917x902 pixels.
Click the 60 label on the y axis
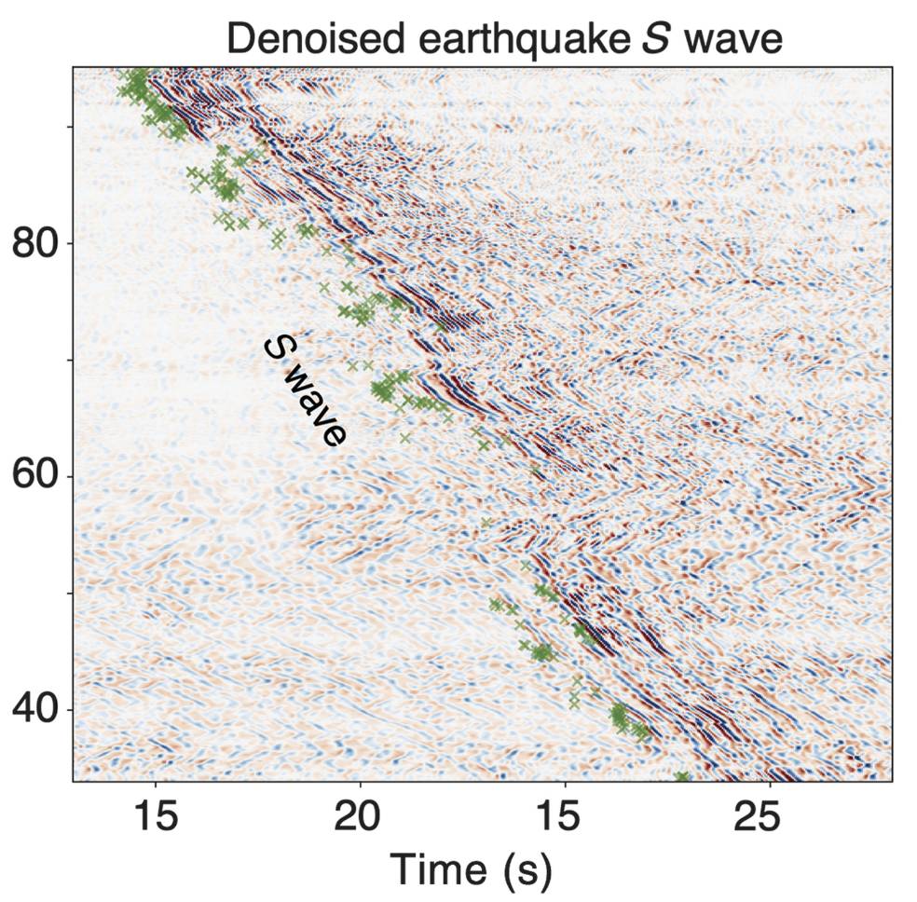click(35, 476)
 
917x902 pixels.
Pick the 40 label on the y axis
click(35, 709)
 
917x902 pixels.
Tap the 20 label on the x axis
click(360, 814)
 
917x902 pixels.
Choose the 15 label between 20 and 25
click(564, 814)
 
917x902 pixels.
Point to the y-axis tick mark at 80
click(68, 244)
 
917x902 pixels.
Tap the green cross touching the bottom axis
click(682, 777)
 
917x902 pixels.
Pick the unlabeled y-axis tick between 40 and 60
click(69, 593)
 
